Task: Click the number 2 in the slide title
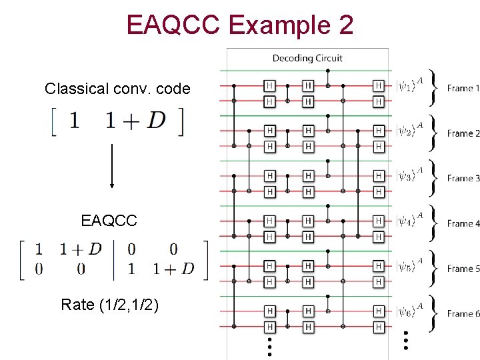pos(344,25)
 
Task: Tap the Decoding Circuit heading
pos(307,59)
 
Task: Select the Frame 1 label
pos(463,88)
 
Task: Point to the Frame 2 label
pos(463,133)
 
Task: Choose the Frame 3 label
pos(463,178)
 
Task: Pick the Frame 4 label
pos(463,223)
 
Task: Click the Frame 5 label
pos(463,269)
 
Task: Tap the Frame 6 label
pos(463,313)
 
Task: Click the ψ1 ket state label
pos(410,85)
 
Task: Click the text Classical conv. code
pos(117,89)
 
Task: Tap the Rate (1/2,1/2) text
pos(110,305)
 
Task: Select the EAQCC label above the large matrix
pos(109,220)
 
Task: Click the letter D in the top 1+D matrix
pos(157,121)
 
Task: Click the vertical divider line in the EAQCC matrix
pos(115,259)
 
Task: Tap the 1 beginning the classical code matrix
pos(73,121)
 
